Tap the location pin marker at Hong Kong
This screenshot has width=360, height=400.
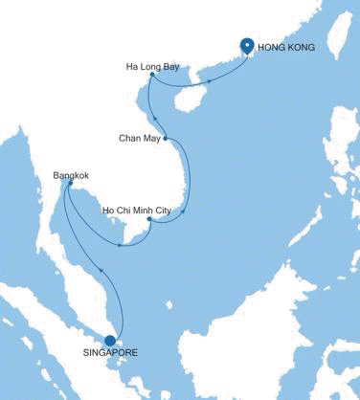(246, 45)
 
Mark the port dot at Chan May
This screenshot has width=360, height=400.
(166, 138)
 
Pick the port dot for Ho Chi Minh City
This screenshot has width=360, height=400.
(149, 221)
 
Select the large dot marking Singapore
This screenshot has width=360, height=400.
(109, 339)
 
